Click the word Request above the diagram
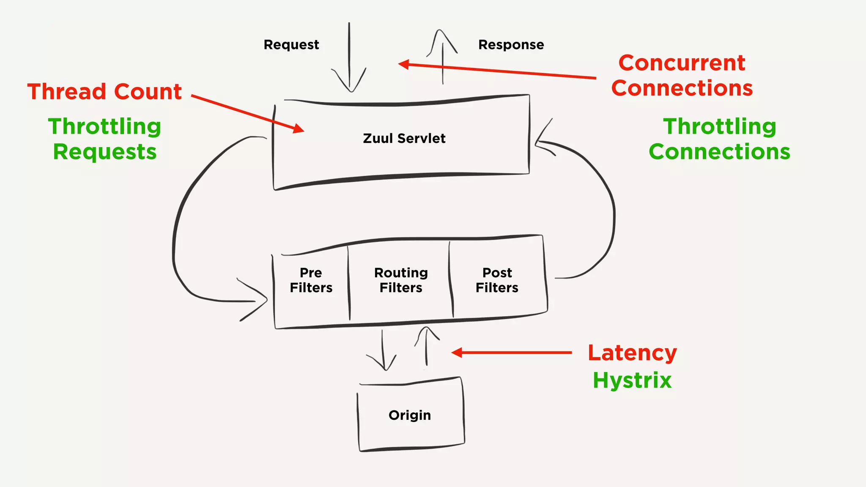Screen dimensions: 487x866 click(x=291, y=45)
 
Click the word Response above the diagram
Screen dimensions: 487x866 click(x=511, y=45)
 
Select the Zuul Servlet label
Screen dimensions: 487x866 click(x=404, y=139)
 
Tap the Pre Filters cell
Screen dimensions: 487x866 click(x=311, y=280)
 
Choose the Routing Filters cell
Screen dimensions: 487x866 click(x=401, y=280)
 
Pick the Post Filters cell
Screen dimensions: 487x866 click(x=497, y=280)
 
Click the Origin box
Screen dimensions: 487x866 click(x=410, y=415)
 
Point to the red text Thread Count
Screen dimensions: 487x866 click(x=104, y=92)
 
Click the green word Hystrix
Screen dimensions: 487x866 click(x=632, y=380)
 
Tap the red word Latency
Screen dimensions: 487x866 click(x=632, y=353)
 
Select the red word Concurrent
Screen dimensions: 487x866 click(x=682, y=63)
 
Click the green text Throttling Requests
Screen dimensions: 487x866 click(x=104, y=139)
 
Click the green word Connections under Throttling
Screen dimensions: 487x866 click(x=719, y=152)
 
